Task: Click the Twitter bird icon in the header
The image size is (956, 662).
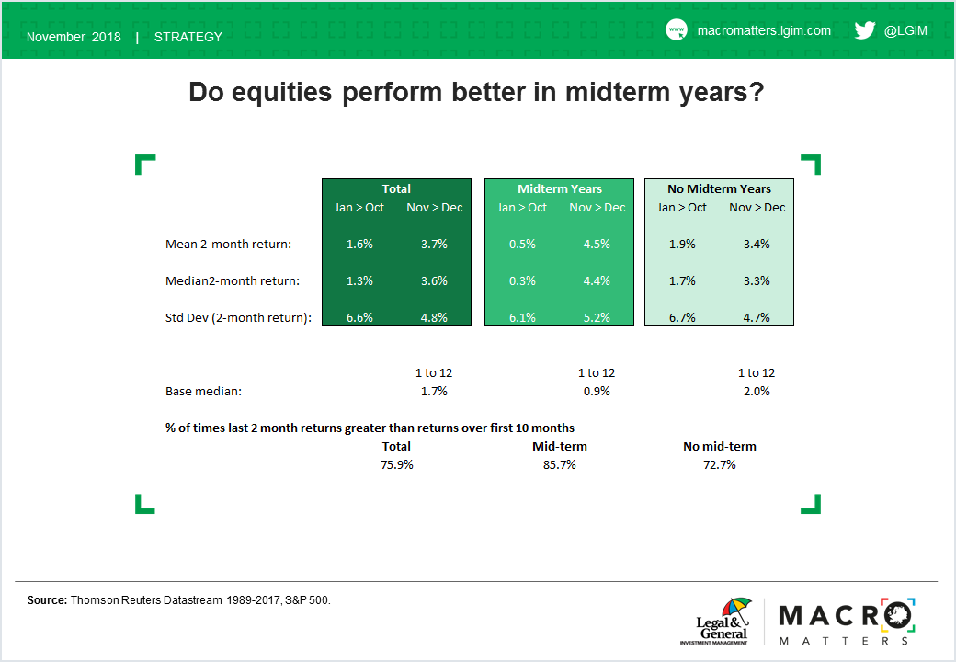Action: pos(865,29)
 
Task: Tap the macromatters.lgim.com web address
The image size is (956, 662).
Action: pos(764,30)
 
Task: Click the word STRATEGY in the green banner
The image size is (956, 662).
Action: pos(188,37)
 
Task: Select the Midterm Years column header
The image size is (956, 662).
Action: pos(560,189)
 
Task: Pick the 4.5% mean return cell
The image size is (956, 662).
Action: pos(597,244)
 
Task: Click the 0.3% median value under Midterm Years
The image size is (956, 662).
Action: pos(522,281)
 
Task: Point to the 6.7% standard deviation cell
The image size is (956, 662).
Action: pos(682,317)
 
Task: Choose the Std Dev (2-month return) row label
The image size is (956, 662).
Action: pos(238,317)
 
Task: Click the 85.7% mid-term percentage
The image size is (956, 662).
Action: pos(560,464)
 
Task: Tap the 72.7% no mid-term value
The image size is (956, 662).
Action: pos(720,464)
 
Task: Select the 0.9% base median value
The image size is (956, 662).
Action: pos(597,392)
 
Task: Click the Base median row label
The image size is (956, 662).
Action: pos(204,392)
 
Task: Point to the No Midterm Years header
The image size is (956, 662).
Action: pos(720,189)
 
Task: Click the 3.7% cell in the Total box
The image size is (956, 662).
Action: pos(434,244)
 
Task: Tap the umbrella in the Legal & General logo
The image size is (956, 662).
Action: pos(736,608)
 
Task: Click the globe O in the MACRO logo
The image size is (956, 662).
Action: pos(897,616)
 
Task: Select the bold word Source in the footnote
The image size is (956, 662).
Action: pos(47,600)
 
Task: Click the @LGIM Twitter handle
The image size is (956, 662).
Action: pos(906,30)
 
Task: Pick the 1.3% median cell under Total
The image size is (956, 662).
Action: pos(359,281)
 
